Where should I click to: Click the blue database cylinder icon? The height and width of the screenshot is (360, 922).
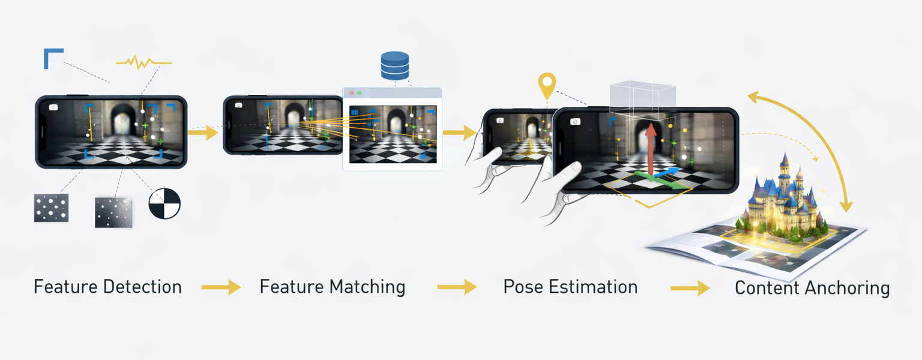pos(394,65)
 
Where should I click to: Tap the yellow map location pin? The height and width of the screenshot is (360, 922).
pos(546,85)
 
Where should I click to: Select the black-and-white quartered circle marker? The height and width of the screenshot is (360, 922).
pos(164,203)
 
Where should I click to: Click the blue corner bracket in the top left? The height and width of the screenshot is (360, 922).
pos(52,57)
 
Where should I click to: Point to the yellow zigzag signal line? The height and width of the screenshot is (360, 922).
pos(143,62)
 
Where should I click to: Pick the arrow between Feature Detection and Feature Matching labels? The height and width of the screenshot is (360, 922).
pos(220,288)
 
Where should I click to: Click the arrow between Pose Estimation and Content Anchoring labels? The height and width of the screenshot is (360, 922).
pos(690,289)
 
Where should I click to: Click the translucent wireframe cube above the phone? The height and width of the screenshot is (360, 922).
pos(642,99)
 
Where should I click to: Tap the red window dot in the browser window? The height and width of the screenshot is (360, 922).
pos(352,93)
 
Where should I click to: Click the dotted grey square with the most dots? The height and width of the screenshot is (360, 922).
pos(51,208)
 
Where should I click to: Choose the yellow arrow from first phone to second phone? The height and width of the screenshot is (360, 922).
pos(203,132)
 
